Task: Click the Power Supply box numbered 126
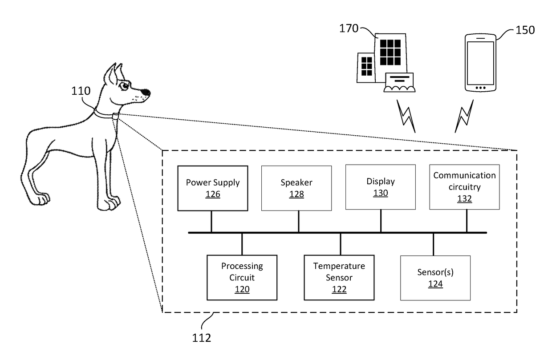(x=212, y=188)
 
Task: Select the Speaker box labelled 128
(x=296, y=188)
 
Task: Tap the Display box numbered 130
(x=380, y=187)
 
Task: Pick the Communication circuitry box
(x=464, y=187)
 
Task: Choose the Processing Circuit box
(x=242, y=277)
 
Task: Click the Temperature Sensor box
(x=339, y=277)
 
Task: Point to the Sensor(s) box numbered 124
(x=435, y=278)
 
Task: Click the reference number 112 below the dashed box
(x=201, y=338)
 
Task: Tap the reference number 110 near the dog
(x=81, y=91)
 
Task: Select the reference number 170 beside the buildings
(x=349, y=29)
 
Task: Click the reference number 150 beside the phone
(x=525, y=30)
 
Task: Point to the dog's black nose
(x=146, y=93)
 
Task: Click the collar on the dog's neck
(x=106, y=114)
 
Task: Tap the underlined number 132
(x=464, y=199)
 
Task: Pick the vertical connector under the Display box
(x=381, y=221)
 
